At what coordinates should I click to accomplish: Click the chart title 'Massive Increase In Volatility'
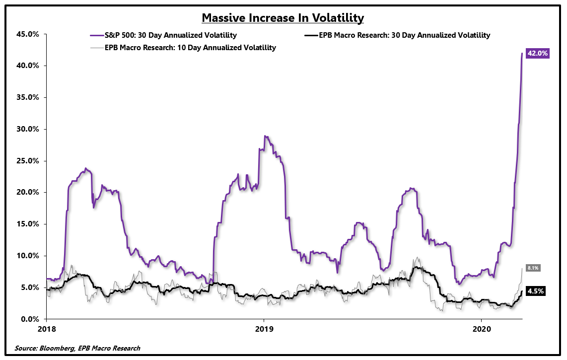click(283, 18)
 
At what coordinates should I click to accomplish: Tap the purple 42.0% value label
click(537, 54)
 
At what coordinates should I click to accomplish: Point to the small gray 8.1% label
click(533, 268)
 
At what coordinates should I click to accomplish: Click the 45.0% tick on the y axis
click(28, 34)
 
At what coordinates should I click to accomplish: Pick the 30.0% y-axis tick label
click(28, 129)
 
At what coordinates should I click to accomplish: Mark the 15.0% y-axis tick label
click(28, 224)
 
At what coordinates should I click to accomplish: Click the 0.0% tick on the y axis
click(30, 319)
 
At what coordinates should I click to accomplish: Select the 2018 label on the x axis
click(47, 329)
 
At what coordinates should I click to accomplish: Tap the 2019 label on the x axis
click(264, 329)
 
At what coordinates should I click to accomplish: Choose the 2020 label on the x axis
click(481, 329)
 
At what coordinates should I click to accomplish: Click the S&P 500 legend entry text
click(170, 35)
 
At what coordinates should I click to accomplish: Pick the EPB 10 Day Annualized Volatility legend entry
click(191, 48)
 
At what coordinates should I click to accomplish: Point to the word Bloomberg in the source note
click(60, 349)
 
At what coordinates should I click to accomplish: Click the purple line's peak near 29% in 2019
click(265, 136)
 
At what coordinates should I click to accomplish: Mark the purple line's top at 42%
click(522, 54)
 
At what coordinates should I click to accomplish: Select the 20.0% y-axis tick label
click(28, 193)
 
